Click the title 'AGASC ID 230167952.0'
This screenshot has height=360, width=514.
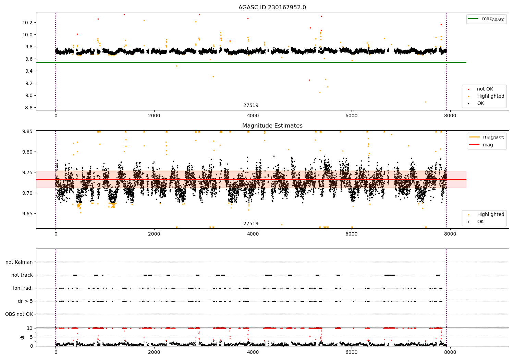coord(272,8)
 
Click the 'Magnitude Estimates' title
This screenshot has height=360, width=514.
coord(272,126)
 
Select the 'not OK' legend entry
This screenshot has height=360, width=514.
coord(485,89)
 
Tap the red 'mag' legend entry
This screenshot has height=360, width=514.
coord(488,145)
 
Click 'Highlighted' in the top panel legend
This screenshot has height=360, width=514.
coord(490,96)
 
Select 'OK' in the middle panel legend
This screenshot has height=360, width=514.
coord(480,222)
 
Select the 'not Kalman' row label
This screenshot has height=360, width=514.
coord(19,262)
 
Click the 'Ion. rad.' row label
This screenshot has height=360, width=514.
coord(23,288)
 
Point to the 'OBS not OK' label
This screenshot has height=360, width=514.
coord(19,314)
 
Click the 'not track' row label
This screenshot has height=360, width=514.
coord(22,275)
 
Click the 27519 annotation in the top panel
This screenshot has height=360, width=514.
coord(251,106)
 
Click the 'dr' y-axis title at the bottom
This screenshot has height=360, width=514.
coord(22,337)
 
